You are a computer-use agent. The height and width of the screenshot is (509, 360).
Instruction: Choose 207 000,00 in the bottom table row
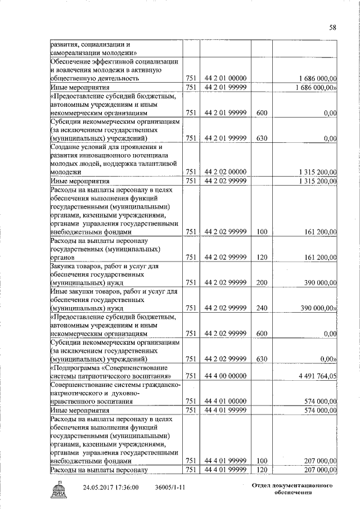coord(319,470)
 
